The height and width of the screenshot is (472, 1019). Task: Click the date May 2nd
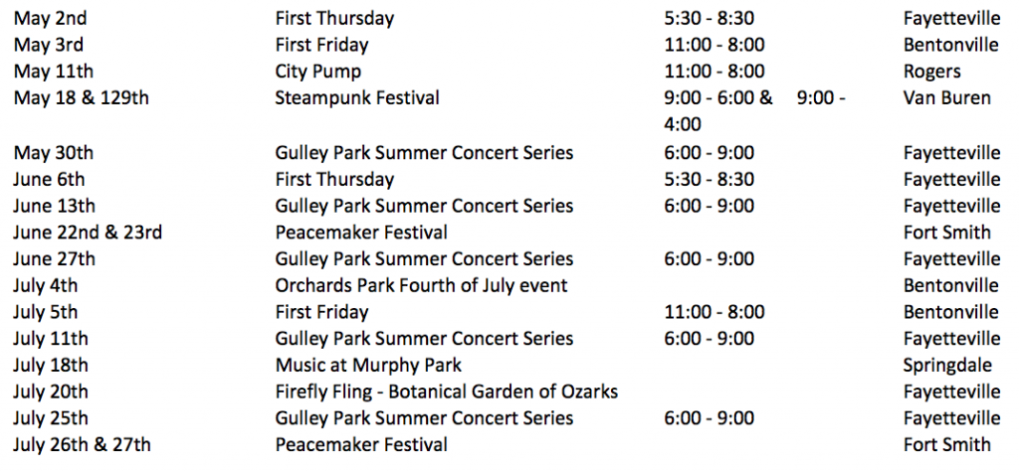(50, 18)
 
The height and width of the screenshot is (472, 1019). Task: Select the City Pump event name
(317, 72)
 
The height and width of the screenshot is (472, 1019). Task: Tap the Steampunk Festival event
(357, 98)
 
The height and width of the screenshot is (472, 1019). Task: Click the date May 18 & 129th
(81, 98)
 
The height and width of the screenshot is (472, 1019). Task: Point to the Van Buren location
(947, 98)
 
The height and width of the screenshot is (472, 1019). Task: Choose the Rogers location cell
(931, 72)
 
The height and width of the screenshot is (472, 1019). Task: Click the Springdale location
(947, 366)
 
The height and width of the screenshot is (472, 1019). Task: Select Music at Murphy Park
(368, 366)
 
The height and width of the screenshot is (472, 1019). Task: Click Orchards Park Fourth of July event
(421, 285)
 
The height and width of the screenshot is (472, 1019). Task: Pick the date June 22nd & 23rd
(88, 232)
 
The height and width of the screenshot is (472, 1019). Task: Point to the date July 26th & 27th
(82, 445)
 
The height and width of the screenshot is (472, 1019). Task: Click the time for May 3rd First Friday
(714, 45)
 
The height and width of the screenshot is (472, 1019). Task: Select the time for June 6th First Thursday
(709, 179)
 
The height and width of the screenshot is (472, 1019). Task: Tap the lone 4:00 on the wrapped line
(683, 124)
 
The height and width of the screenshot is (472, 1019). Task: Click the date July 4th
(46, 285)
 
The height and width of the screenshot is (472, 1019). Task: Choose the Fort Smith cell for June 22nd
(947, 232)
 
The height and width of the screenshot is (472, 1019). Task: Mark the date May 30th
(54, 153)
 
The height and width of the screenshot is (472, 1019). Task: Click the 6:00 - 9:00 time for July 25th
(709, 418)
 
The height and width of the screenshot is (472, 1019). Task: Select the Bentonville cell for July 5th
(950, 312)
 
